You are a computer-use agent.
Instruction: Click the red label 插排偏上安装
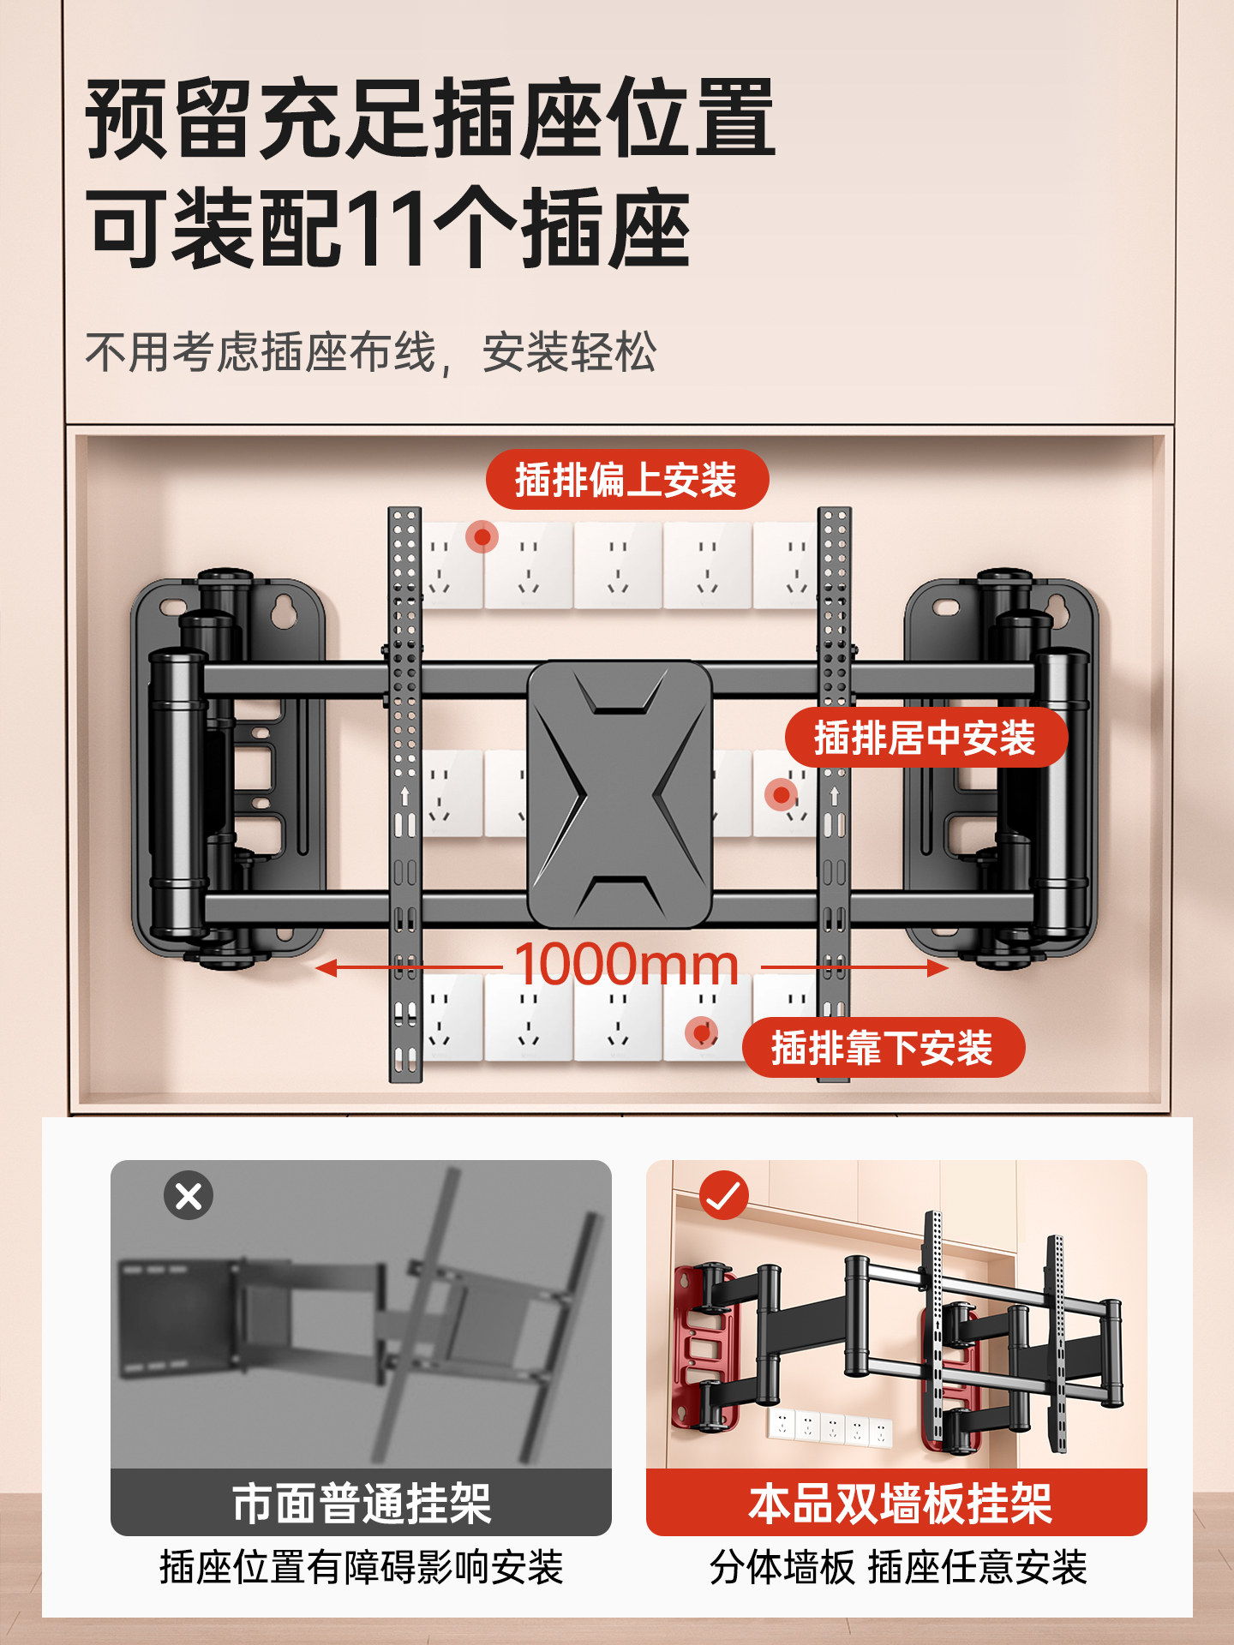point(626,480)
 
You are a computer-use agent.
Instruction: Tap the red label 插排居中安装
point(925,738)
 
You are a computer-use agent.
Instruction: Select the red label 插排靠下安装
point(883,1048)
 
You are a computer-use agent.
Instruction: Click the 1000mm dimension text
point(626,965)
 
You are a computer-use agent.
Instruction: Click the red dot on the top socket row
point(482,537)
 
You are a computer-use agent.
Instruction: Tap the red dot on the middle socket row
point(781,795)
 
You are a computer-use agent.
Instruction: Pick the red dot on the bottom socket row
point(702,1032)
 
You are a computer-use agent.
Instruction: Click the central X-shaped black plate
point(620,794)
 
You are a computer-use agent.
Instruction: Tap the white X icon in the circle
point(189,1195)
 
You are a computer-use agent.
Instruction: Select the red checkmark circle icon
point(724,1195)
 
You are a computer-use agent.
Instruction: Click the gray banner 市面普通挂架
point(361,1504)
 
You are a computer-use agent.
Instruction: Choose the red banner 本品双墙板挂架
point(896,1504)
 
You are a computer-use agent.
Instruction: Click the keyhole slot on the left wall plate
point(281,610)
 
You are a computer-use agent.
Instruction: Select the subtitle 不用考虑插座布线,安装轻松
point(370,352)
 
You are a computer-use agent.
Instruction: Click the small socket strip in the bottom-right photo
point(830,1427)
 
